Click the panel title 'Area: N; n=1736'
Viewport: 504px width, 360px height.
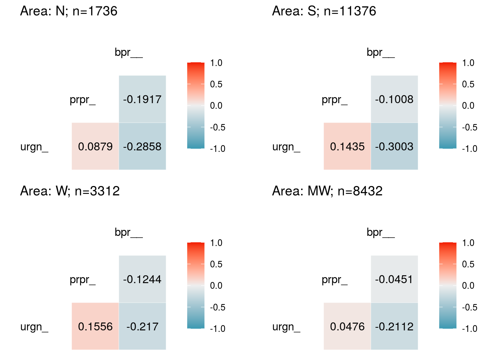tap(69, 11)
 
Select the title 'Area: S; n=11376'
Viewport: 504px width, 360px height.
tap(324, 11)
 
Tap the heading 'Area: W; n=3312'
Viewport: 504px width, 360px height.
tap(70, 191)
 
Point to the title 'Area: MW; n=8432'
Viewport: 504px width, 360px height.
tap(327, 191)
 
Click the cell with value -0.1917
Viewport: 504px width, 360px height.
tap(142, 99)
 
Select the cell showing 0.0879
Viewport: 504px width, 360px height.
tap(95, 146)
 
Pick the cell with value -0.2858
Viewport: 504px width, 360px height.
tap(142, 146)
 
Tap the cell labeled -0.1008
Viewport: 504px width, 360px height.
tap(394, 99)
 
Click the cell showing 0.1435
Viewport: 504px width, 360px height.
tap(347, 146)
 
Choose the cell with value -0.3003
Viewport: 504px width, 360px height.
tap(394, 146)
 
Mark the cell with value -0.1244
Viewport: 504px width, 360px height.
tap(142, 279)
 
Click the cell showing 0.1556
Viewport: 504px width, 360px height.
tap(95, 326)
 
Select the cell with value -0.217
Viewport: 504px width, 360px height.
tap(142, 326)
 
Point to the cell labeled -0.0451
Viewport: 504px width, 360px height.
tap(394, 279)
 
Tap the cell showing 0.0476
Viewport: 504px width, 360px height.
tap(347, 326)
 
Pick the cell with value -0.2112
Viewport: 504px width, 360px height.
tap(394, 326)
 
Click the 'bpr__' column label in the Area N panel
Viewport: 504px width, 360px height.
tap(129, 52)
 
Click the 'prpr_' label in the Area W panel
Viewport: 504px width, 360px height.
tap(82, 280)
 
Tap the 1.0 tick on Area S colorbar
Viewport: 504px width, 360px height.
tap(468, 63)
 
